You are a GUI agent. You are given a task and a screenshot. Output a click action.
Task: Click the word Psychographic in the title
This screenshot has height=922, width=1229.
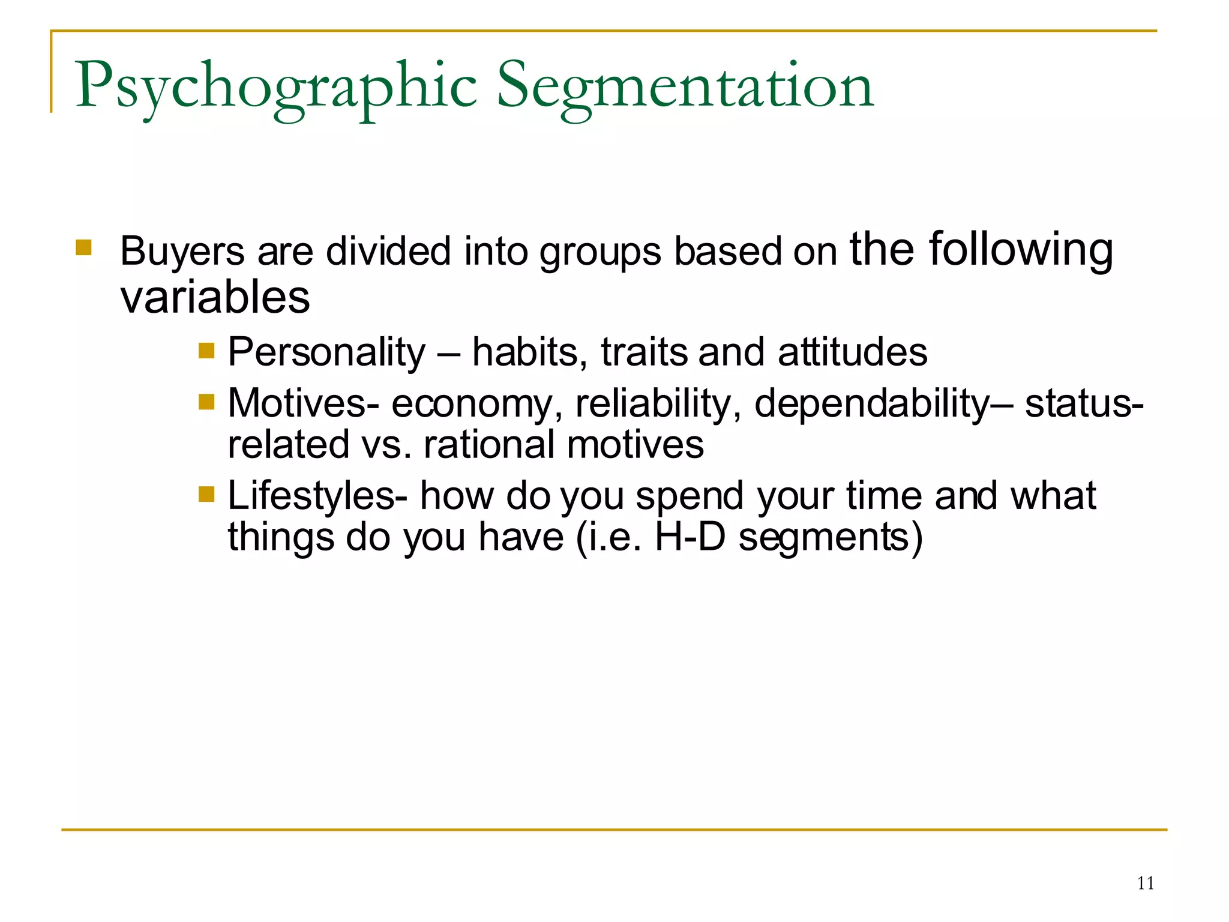pyautogui.click(x=276, y=87)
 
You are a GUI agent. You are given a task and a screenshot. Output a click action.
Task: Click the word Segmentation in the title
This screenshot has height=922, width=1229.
pyautogui.click(x=685, y=87)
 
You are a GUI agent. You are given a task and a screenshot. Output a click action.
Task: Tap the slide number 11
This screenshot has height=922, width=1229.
pyautogui.click(x=1145, y=883)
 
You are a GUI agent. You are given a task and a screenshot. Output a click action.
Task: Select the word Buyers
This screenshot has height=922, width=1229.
pyautogui.click(x=182, y=251)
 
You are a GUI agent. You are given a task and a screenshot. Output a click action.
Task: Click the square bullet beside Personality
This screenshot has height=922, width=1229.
pyautogui.click(x=206, y=350)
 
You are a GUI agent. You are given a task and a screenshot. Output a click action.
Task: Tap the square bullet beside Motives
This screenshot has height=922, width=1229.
pyautogui.click(x=206, y=402)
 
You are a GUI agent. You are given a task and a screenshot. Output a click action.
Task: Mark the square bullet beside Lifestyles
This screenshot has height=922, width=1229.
pyautogui.click(x=206, y=494)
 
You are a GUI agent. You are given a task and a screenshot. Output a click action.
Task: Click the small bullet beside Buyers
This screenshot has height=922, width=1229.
pyautogui.click(x=83, y=247)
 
